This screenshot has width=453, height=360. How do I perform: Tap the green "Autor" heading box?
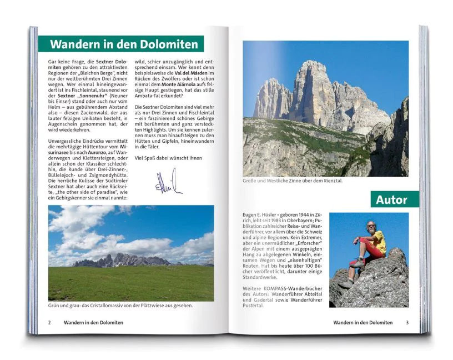(x=391, y=199)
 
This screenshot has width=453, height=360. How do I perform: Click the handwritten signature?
(x=168, y=183)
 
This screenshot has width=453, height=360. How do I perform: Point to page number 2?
(x=49, y=322)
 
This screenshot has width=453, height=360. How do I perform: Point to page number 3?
(x=407, y=322)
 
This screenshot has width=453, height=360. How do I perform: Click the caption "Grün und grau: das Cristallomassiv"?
(x=120, y=305)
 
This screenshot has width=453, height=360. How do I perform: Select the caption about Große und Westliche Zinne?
(x=293, y=181)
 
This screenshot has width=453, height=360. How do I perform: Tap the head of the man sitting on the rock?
(x=371, y=226)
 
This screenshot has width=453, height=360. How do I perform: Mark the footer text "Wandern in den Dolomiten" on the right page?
(x=363, y=322)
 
